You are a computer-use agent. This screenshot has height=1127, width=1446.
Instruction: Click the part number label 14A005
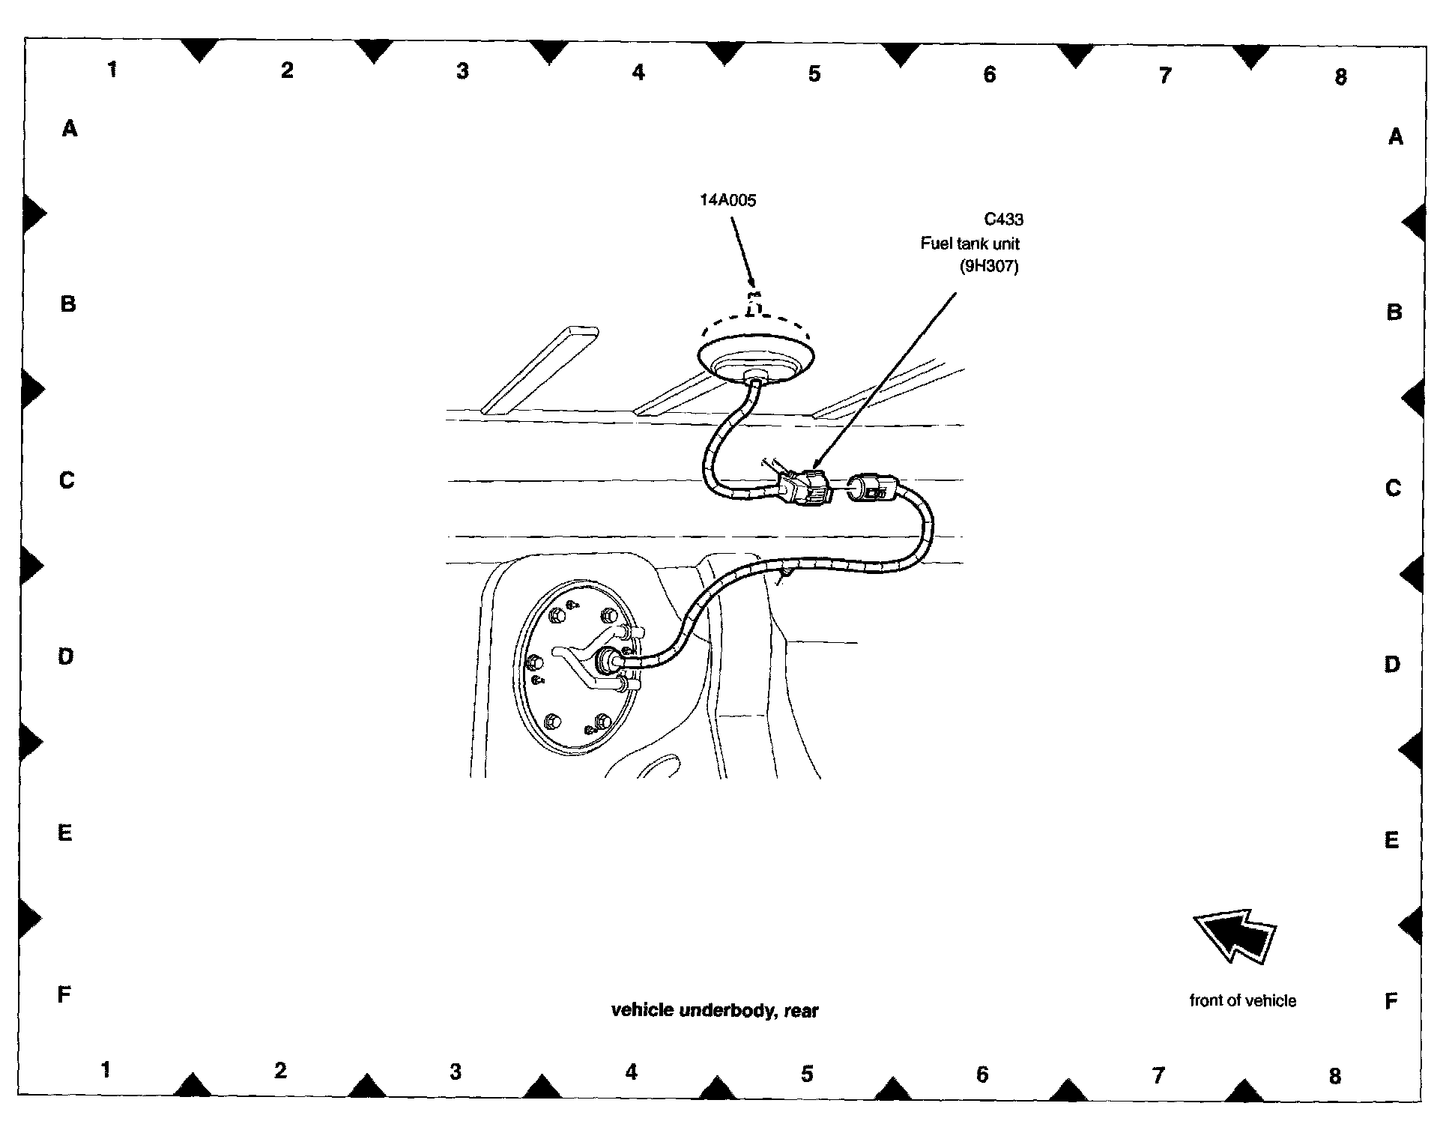pos(728,200)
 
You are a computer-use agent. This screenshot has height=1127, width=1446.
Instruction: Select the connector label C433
pos(1003,220)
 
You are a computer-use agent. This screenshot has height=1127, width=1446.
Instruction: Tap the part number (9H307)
pos(989,266)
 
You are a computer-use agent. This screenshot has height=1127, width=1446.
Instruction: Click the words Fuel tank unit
pos(969,244)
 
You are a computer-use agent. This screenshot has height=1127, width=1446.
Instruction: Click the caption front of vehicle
pos(1242,1000)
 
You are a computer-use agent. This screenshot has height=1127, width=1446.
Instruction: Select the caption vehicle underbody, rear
pos(715,1011)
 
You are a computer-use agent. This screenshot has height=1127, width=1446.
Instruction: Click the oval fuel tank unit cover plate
pos(575,665)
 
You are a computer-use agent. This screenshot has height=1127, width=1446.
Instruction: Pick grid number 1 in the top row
pos(112,70)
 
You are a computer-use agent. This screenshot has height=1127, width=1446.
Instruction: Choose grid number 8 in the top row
pos(1340,77)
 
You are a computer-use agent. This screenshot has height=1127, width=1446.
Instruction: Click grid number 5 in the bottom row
pos(807,1074)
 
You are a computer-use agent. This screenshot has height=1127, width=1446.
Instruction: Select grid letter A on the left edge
pos(70,130)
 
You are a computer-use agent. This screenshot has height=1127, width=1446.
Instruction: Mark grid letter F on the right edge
pos(1391,1001)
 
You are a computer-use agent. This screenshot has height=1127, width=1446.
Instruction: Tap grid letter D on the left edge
pos(66,657)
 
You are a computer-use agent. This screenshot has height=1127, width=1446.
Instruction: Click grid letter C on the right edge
pos(1393,489)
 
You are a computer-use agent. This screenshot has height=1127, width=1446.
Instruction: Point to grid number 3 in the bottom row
pos(456,1072)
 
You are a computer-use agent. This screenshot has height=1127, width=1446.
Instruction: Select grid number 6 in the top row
pos(989,74)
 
